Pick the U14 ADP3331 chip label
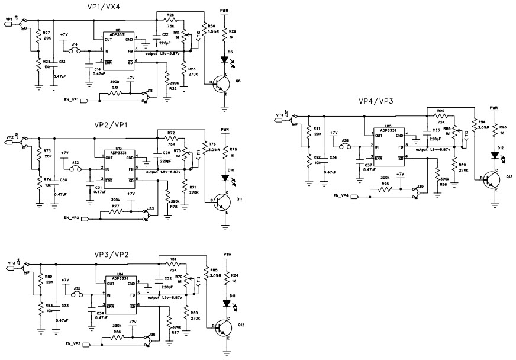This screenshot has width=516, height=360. [120, 278]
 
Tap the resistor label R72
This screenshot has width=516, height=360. [171, 133]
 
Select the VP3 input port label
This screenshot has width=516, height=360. [11, 263]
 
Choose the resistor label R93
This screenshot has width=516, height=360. [503, 127]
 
